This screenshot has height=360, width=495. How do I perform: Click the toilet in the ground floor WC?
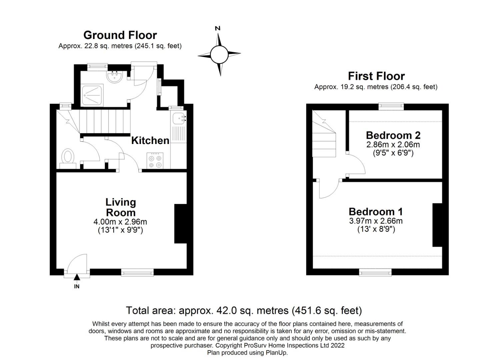click(68, 159)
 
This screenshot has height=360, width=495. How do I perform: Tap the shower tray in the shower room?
click(92, 95)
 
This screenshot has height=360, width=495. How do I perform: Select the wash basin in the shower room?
click(114, 77)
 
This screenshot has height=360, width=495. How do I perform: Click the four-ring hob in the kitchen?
click(155, 160)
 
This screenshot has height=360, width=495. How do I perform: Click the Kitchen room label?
click(150, 141)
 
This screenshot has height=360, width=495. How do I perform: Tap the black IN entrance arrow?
click(77, 277)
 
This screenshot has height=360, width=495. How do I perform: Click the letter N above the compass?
click(218, 28)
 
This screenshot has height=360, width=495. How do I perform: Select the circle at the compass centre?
click(219, 54)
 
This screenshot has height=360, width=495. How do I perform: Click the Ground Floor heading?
click(120, 35)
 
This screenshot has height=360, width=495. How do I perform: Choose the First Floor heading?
click(376, 76)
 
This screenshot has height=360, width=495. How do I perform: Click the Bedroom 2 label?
click(393, 135)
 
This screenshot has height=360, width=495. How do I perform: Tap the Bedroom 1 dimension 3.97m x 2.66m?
click(376, 221)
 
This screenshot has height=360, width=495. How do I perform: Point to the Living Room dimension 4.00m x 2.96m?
click(120, 221)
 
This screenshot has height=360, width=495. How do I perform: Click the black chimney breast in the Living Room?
click(181, 224)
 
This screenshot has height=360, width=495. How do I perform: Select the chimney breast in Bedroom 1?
click(437, 225)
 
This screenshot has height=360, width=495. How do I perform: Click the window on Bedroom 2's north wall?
click(391, 107)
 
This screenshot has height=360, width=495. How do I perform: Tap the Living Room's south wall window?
click(137, 272)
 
